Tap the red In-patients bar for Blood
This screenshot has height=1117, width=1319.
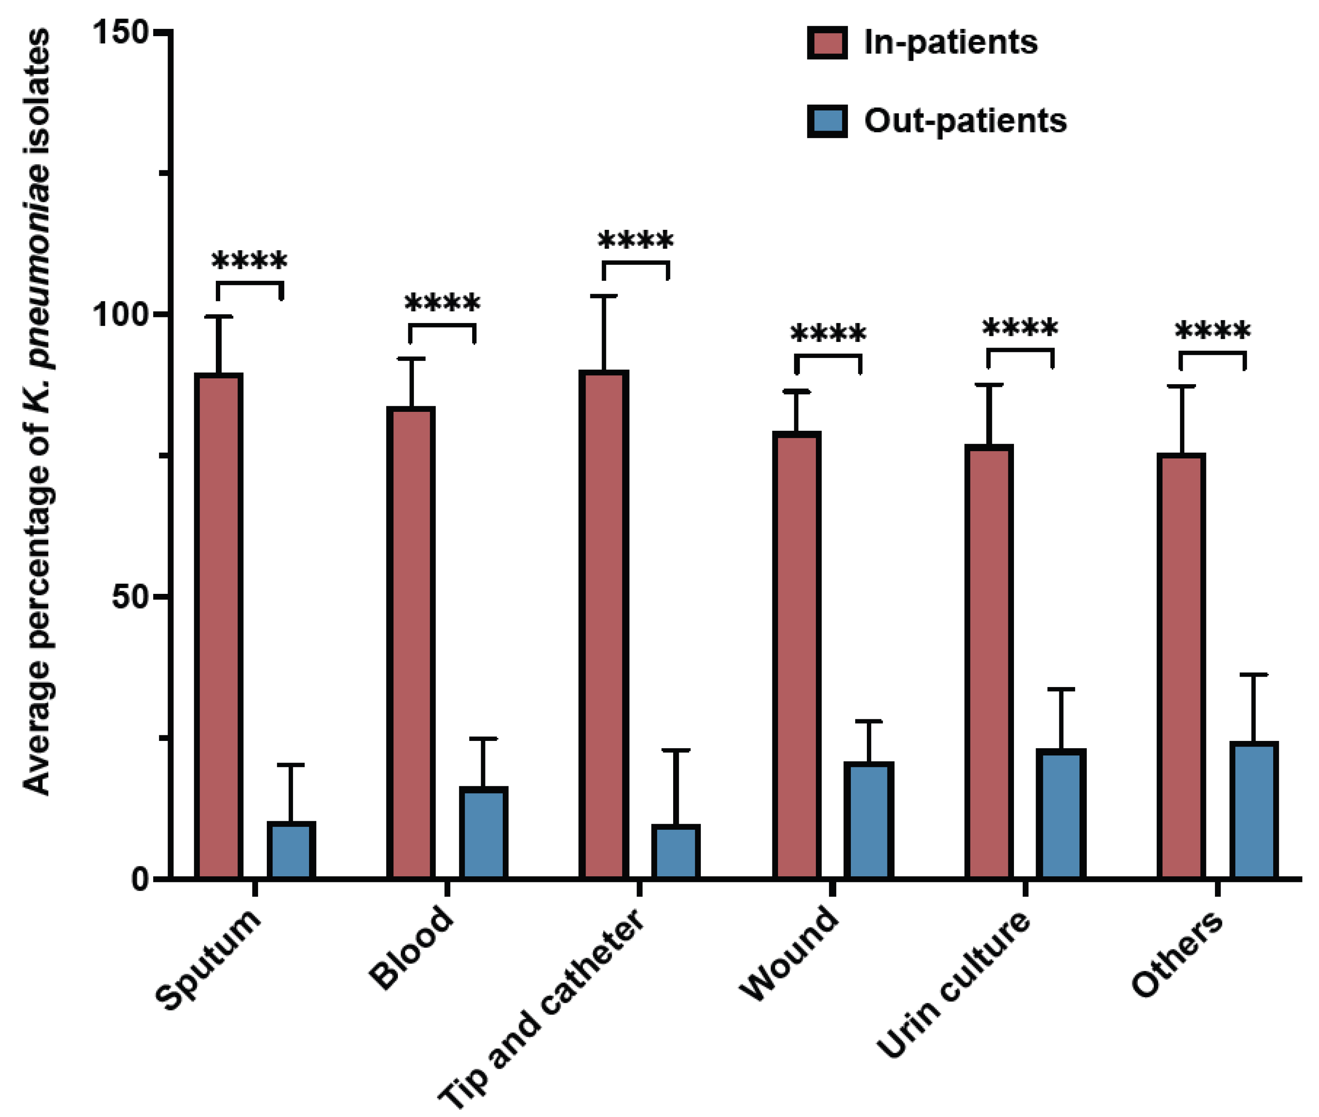coord(411,643)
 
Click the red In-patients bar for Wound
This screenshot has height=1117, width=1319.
coord(797,655)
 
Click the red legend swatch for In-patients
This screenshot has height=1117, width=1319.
coord(827,43)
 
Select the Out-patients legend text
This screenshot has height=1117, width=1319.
coord(965,120)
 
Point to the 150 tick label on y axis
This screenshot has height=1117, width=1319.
coord(120,32)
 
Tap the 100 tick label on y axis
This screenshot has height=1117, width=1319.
coord(120,314)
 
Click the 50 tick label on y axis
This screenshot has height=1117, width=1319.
coord(130,597)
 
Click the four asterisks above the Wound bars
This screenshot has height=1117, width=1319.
coord(828,334)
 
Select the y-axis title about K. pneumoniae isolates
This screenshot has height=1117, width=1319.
coord(36,411)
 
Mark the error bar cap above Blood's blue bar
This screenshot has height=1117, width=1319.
coord(483,739)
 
